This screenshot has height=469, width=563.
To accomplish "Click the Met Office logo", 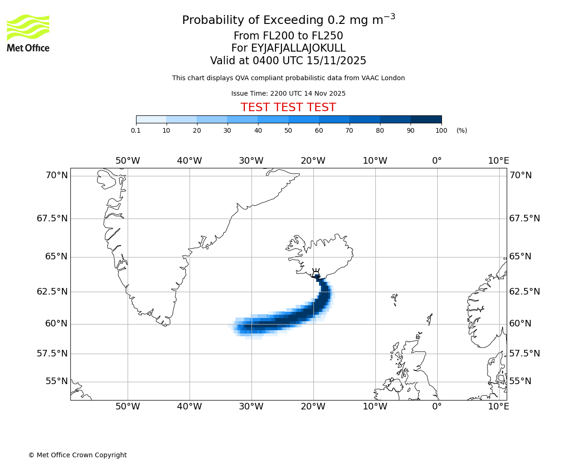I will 28,33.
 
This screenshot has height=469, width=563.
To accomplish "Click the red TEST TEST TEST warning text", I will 288,107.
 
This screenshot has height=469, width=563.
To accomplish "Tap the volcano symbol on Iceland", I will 316,273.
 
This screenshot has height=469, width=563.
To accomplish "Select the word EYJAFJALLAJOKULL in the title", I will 298,48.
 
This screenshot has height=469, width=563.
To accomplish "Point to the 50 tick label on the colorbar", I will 289,130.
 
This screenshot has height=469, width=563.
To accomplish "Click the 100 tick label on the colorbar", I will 441,130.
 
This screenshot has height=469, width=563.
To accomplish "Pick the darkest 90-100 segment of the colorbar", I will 426,119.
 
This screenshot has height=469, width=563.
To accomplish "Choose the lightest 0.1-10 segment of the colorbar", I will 151,119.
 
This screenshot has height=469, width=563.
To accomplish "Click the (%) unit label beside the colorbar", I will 462,130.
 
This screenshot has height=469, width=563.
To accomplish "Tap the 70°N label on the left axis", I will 56,175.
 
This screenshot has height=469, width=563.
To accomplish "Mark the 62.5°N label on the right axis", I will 525,291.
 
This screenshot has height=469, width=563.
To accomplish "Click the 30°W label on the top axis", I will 251,161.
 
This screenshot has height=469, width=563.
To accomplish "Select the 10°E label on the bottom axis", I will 498,406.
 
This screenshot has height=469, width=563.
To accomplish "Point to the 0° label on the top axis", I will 437,161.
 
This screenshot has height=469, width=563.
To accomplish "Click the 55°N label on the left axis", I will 56,381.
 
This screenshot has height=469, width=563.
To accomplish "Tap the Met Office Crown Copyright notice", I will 77,455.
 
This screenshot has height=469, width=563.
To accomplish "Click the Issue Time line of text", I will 288,93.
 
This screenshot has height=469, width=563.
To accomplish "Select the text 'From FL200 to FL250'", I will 288,36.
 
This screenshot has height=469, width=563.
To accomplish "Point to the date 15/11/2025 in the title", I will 336,61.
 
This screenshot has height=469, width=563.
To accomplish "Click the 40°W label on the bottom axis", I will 189,406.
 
